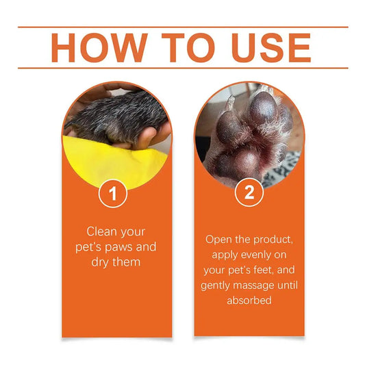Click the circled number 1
coord(114,194)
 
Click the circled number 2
coord(249,194)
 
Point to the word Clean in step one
coord(101,231)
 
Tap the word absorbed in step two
coord(249,300)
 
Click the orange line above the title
coord(182,27)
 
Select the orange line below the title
coord(182,68)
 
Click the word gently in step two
coord(218,285)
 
